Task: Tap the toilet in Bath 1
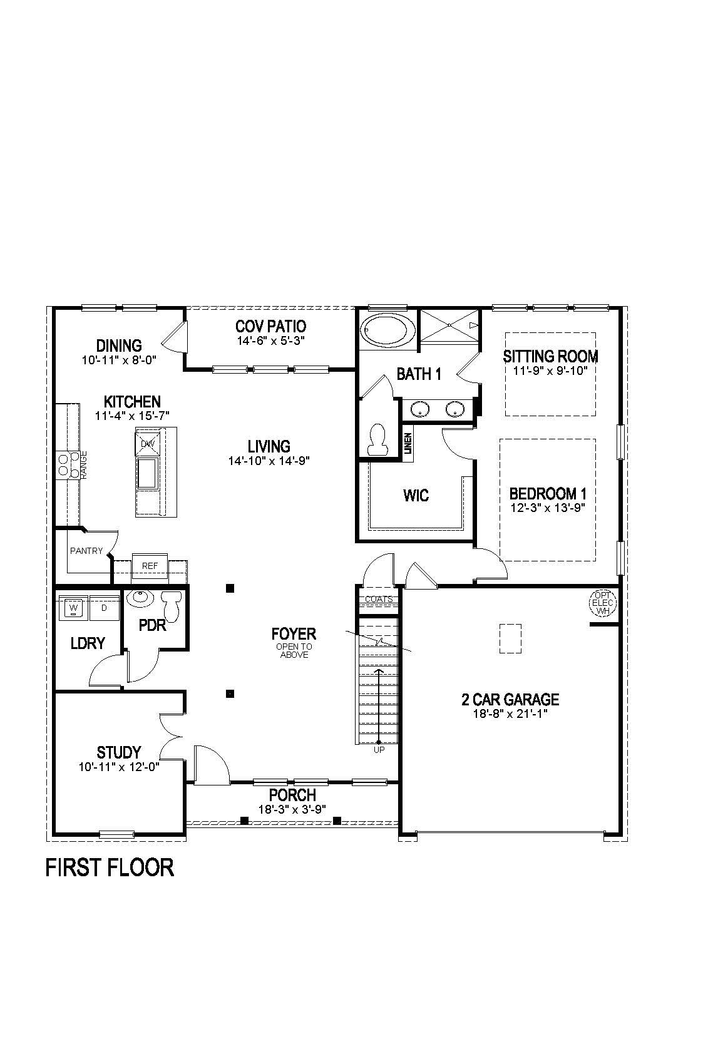(x=378, y=440)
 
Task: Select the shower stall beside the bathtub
(x=449, y=325)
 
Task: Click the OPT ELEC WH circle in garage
(x=603, y=603)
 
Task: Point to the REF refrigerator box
(x=150, y=566)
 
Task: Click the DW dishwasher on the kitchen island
(x=148, y=443)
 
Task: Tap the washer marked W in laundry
(x=74, y=608)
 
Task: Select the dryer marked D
(x=104, y=608)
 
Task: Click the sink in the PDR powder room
(x=139, y=598)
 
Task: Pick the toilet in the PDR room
(x=172, y=605)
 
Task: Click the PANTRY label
(x=86, y=551)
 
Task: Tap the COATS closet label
(x=379, y=599)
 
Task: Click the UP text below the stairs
(x=379, y=749)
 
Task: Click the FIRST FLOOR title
(x=110, y=867)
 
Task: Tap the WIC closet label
(x=416, y=496)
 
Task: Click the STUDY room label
(x=119, y=752)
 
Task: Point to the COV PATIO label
(x=270, y=326)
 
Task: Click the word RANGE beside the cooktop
(x=84, y=465)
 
